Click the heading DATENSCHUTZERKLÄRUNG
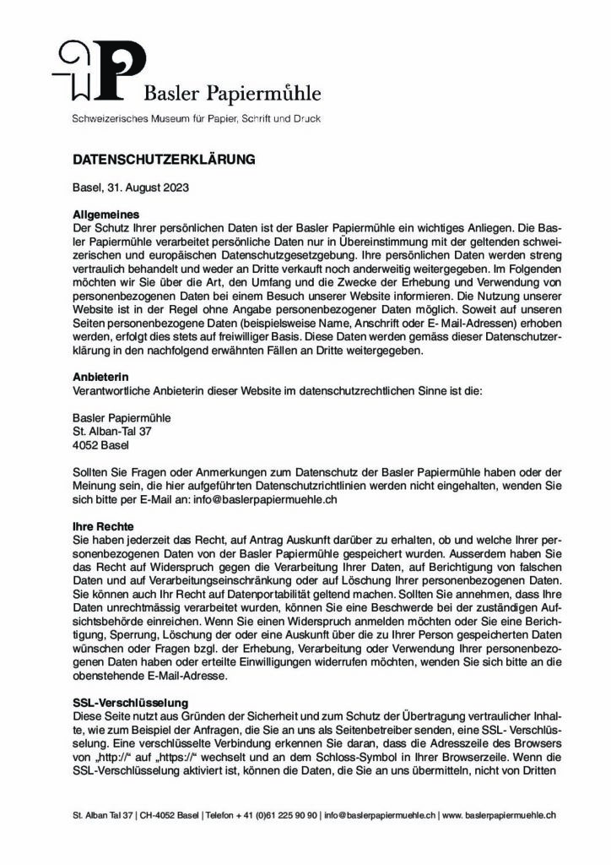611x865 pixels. [x=162, y=159]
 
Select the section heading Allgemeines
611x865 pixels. [x=105, y=215]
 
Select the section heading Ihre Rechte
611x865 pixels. [x=103, y=525]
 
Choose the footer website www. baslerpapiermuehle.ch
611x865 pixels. [x=499, y=815]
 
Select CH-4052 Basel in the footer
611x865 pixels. [x=167, y=815]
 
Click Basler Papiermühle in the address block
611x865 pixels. [x=122, y=418]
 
